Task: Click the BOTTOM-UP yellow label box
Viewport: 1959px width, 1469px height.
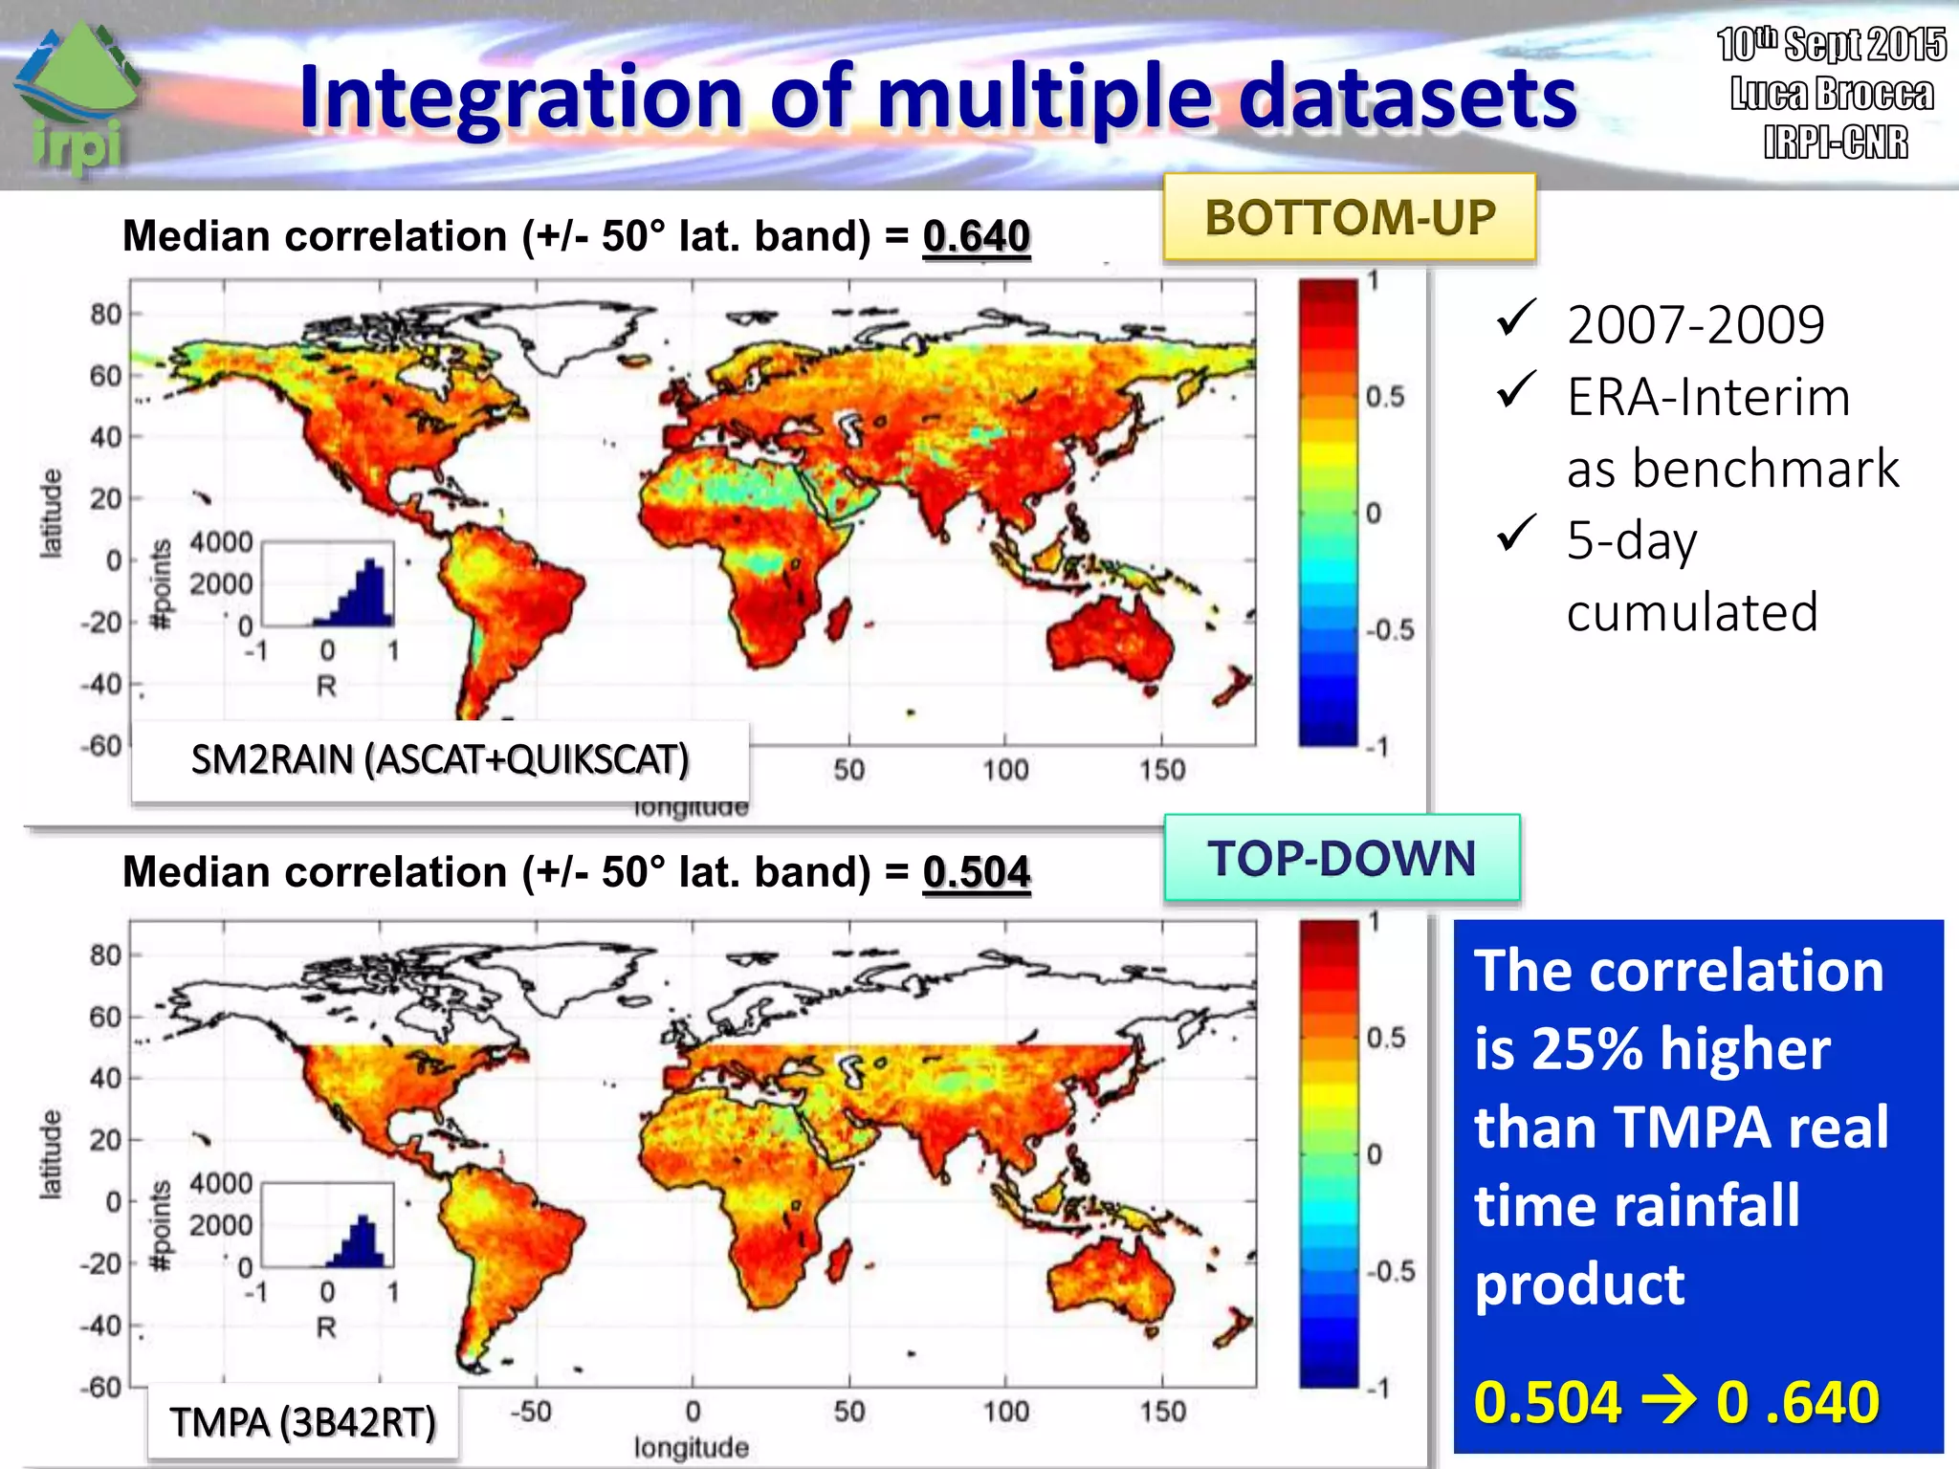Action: click(x=1349, y=218)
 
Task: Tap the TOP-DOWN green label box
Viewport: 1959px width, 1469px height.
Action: click(x=1341, y=858)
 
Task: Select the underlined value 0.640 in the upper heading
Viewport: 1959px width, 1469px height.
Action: click(x=976, y=236)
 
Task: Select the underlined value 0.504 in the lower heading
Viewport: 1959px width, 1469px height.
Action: click(x=976, y=872)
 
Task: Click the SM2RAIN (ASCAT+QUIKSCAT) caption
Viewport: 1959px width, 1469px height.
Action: click(x=440, y=760)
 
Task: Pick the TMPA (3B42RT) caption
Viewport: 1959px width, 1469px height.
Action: click(x=302, y=1422)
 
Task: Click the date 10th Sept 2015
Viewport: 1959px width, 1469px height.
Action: click(x=1831, y=45)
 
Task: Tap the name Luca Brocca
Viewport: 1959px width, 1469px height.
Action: click(x=1831, y=94)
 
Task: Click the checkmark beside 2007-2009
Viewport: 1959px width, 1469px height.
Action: click(x=1516, y=318)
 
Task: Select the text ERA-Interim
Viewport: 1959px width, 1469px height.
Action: click(x=1708, y=397)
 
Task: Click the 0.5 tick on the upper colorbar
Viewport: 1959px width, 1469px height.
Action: click(x=1384, y=397)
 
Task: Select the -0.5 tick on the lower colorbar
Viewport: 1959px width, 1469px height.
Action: click(x=1390, y=1271)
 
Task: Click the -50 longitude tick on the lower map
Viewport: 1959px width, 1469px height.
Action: click(x=532, y=1412)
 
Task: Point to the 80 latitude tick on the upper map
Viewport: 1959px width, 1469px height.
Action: click(x=105, y=314)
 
